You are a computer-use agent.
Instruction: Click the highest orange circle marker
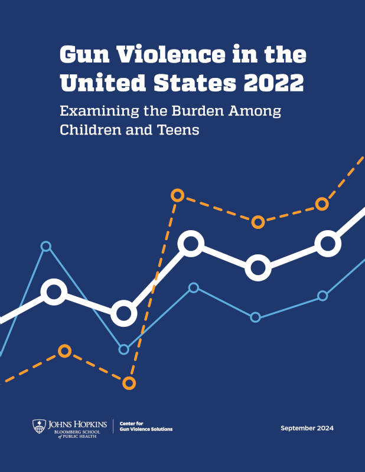[x=177, y=195]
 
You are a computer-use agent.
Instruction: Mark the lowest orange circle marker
[x=129, y=383]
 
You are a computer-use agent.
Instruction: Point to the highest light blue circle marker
[x=46, y=246]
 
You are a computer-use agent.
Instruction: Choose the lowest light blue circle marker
[x=123, y=349]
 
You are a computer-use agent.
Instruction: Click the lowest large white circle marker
[x=123, y=313]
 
